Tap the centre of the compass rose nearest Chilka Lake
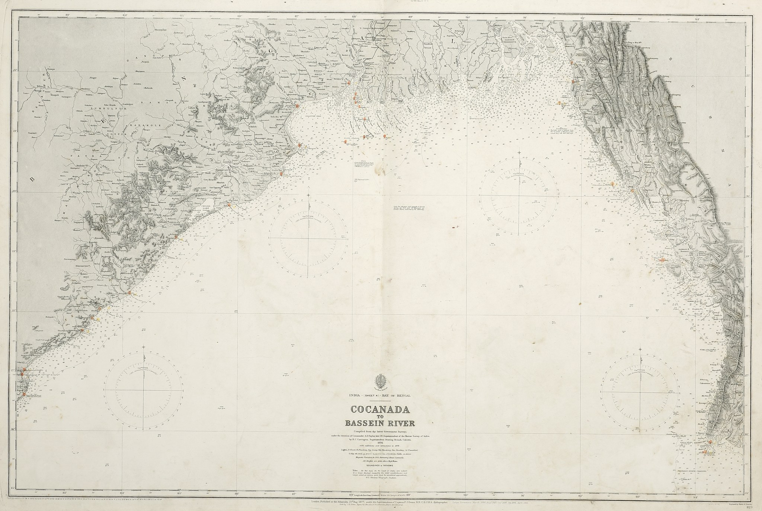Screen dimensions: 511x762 [309, 238]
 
